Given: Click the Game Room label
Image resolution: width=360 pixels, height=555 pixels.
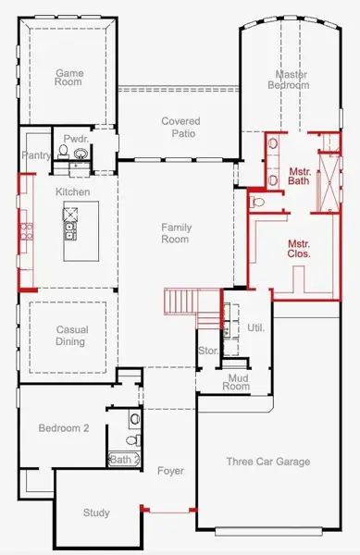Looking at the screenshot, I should (68, 78).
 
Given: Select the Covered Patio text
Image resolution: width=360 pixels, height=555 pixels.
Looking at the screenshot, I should (180, 128).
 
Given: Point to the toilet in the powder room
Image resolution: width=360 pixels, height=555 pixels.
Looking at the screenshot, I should (81, 154).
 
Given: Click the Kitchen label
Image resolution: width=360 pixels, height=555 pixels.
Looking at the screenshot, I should (72, 191).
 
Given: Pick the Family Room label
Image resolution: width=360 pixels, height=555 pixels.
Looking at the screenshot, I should (176, 233).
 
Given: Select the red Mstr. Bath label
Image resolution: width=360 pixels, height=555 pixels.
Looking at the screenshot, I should (299, 176).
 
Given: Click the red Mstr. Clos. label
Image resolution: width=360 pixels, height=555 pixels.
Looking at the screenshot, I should (298, 247).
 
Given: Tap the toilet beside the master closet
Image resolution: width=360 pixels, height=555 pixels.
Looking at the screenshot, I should (258, 201).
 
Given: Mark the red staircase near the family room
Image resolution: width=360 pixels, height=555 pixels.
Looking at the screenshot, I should (181, 302).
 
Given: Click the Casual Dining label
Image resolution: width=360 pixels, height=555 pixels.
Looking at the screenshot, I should (70, 336).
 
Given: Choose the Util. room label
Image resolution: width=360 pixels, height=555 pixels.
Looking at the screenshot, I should (255, 327).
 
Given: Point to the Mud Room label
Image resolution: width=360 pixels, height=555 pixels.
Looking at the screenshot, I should (236, 381).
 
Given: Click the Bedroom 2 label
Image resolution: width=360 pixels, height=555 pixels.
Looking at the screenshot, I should (63, 428).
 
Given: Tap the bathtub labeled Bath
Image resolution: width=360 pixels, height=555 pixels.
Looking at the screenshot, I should (122, 459).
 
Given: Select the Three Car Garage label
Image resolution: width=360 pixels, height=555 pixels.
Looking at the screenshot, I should (267, 462).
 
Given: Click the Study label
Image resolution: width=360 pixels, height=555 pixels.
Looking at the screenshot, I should (95, 512).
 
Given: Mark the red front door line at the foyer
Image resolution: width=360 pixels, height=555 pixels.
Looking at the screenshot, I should (168, 511).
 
